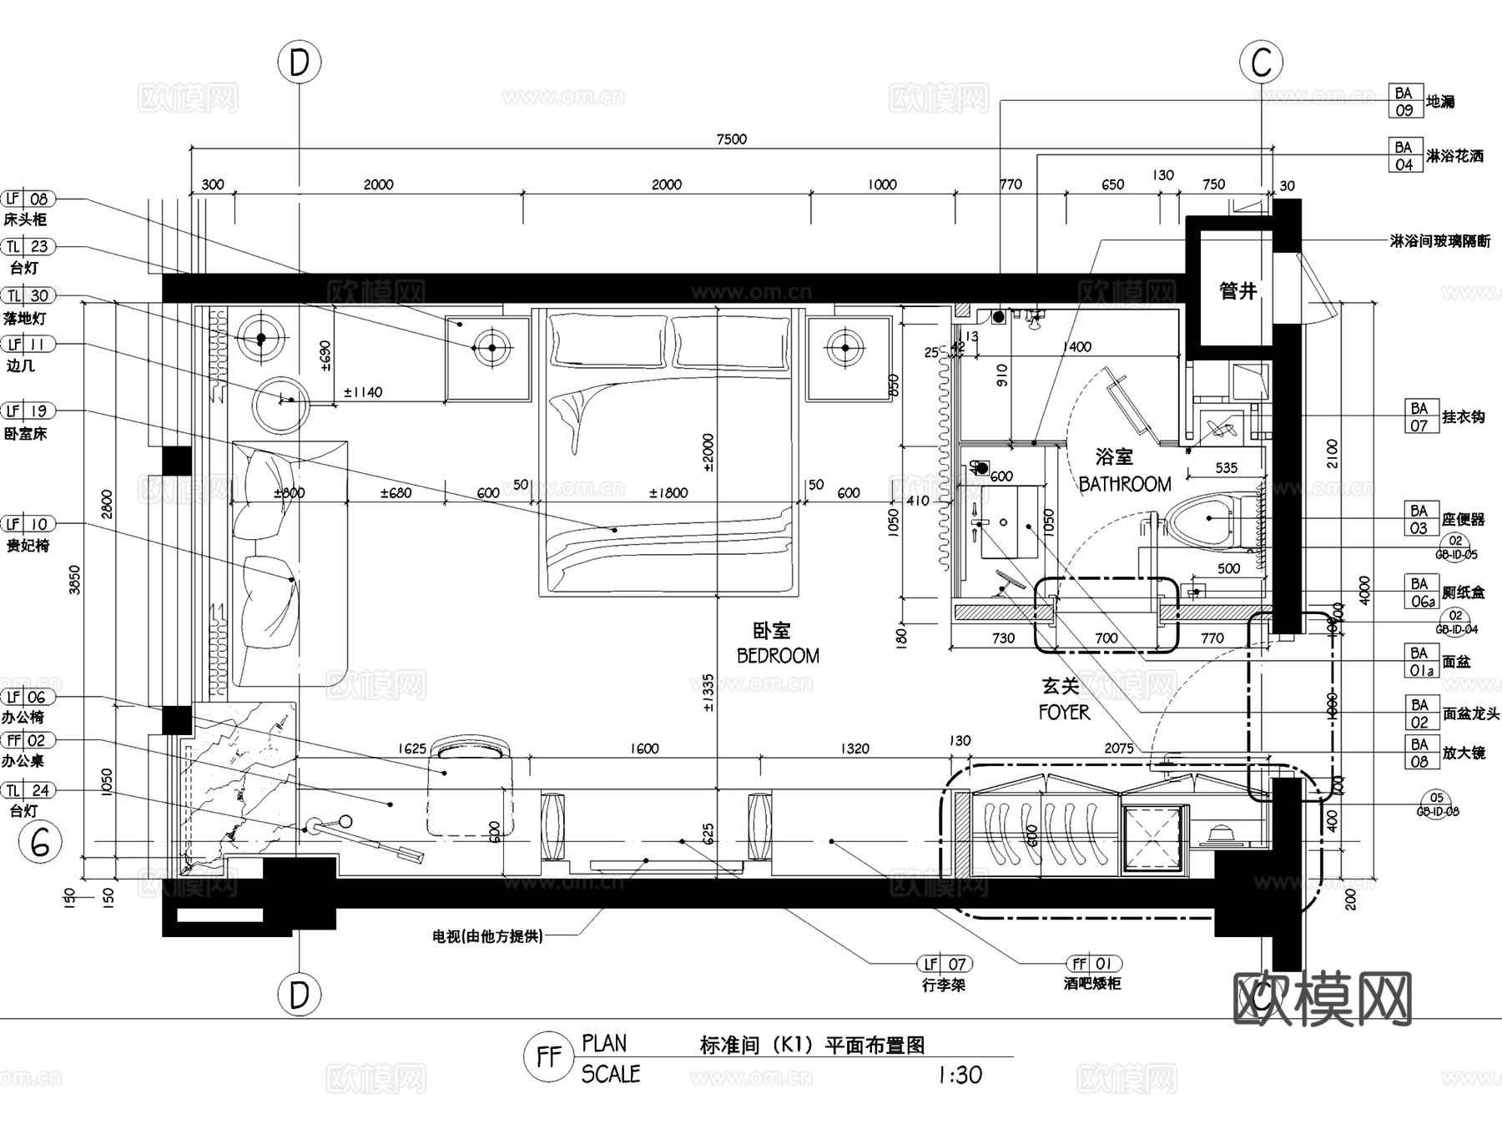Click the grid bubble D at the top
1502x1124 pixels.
click(x=299, y=63)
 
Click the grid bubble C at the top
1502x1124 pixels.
click(x=1261, y=63)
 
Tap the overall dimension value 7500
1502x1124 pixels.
click(x=731, y=139)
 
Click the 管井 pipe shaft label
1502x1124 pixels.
click(x=1237, y=291)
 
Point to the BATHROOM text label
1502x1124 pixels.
click(x=1124, y=484)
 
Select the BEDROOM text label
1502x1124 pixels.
click(x=778, y=656)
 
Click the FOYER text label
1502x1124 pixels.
click(x=1064, y=712)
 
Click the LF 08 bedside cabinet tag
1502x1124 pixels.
click(x=28, y=199)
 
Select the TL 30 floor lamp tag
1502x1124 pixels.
click(x=28, y=295)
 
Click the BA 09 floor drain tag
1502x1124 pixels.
click(x=1404, y=102)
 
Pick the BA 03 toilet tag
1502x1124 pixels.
click(x=1419, y=519)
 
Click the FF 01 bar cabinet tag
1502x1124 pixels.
click(x=1091, y=964)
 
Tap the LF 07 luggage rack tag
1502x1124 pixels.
click(x=944, y=964)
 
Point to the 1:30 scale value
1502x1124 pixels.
click(x=960, y=1075)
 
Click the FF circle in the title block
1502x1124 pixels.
click(x=548, y=1057)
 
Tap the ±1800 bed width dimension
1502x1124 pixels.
click(x=668, y=493)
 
